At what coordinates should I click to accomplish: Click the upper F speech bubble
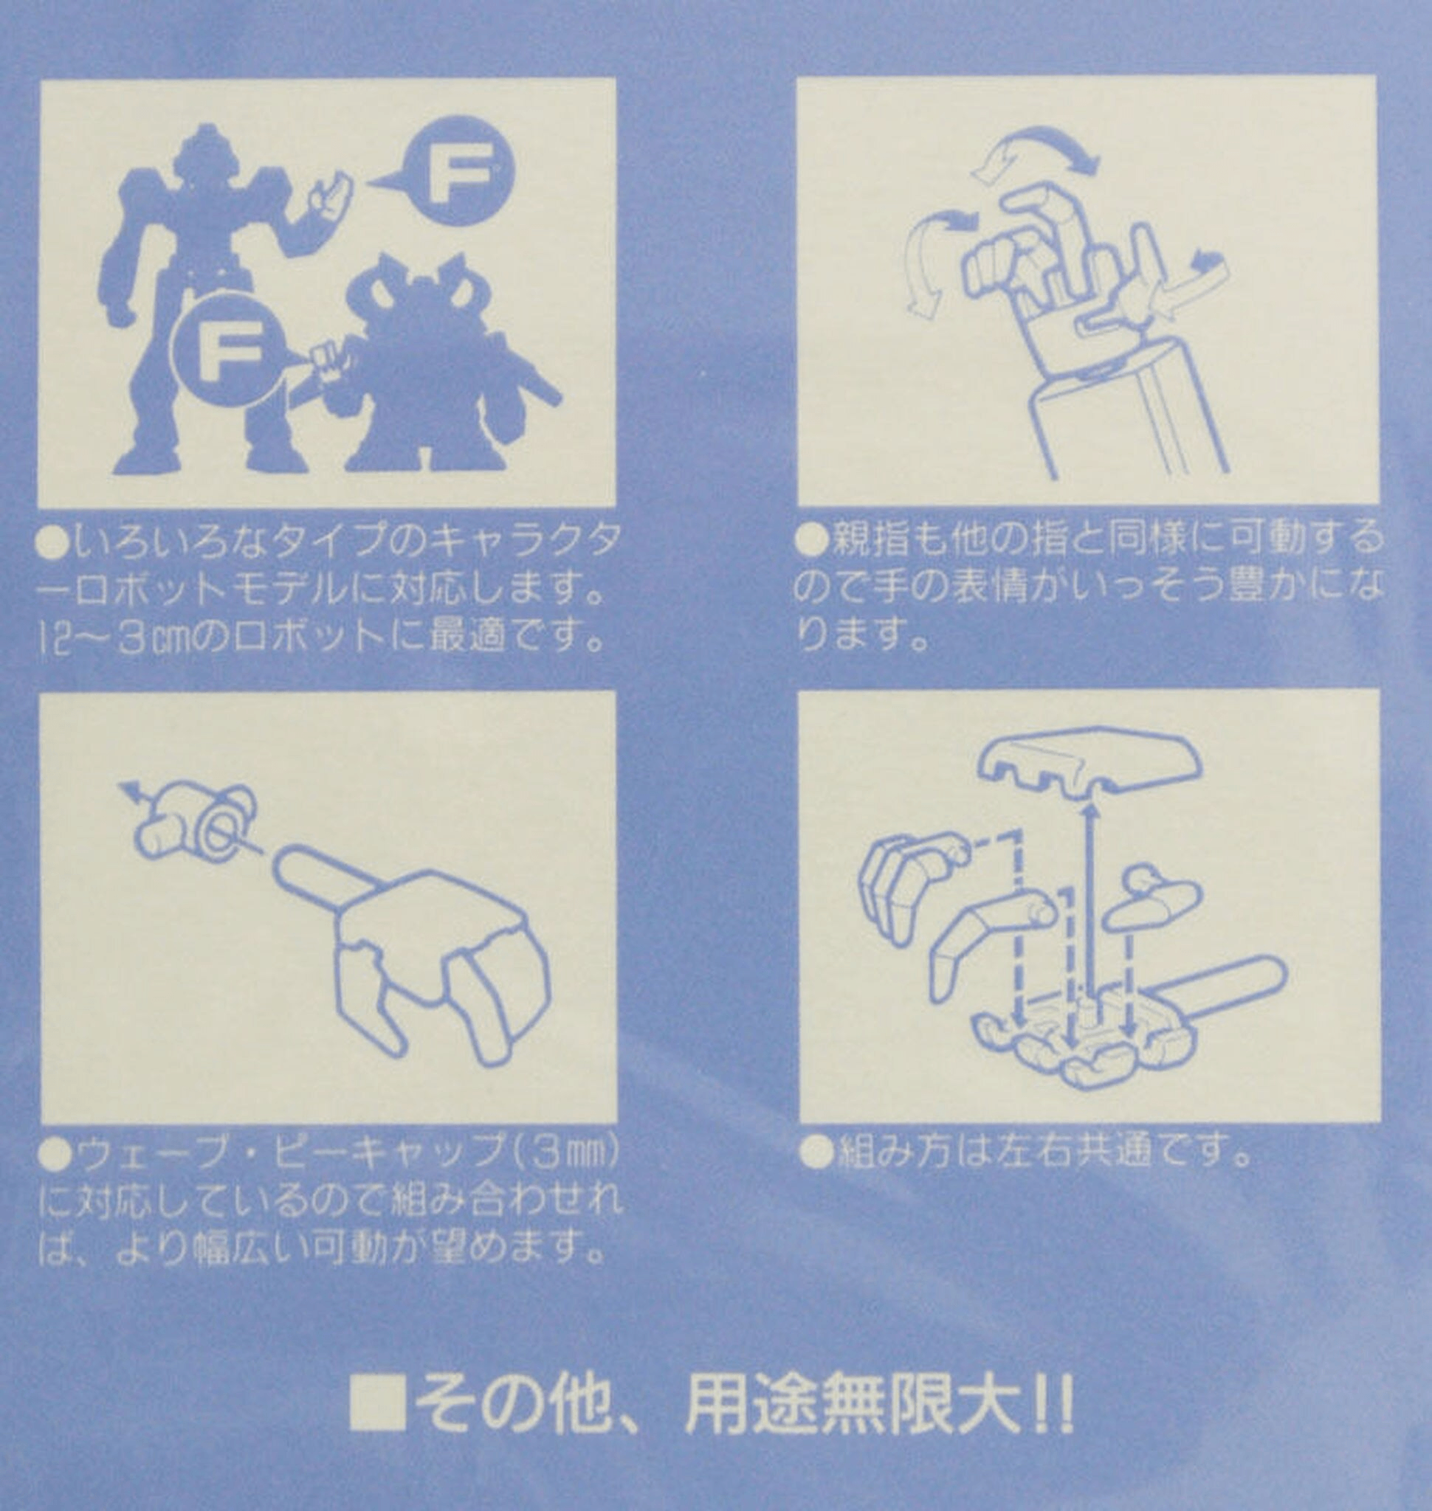(459, 171)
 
